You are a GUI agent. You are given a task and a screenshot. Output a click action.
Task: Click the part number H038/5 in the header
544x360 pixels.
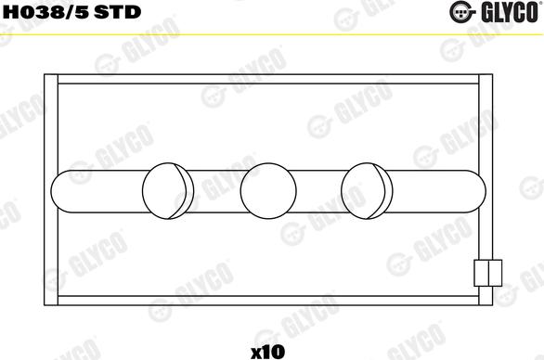tap(46, 12)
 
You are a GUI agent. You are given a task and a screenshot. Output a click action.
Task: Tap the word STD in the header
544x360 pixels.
tap(118, 12)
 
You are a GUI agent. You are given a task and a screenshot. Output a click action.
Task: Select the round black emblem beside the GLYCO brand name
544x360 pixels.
tap(461, 12)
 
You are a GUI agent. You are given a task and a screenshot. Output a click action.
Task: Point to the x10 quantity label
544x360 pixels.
tap(267, 352)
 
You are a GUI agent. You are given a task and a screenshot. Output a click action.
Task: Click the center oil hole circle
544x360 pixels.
tap(268, 191)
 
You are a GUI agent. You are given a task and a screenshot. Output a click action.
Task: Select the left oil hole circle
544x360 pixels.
tap(164, 191)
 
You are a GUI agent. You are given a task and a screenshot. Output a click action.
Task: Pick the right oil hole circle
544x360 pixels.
tap(363, 191)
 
